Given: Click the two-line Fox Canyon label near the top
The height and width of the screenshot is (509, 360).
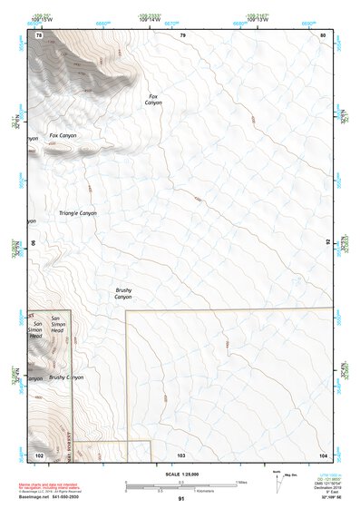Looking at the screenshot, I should click(x=153, y=99).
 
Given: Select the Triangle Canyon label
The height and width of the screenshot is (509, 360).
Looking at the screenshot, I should click(x=77, y=213).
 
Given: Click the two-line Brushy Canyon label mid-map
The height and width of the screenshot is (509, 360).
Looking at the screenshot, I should click(x=123, y=293).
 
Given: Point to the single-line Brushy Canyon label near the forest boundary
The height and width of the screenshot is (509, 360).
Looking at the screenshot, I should click(x=66, y=377).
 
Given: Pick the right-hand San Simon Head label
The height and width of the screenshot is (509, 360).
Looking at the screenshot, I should click(x=57, y=325).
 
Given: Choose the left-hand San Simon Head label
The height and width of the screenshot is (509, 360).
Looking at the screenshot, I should click(x=37, y=330).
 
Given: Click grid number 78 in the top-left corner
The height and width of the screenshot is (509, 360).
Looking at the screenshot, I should click(x=39, y=34).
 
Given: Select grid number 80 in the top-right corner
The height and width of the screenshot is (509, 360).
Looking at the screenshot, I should click(x=324, y=34).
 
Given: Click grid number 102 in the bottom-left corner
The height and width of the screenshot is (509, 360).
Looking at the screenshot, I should click(x=39, y=453).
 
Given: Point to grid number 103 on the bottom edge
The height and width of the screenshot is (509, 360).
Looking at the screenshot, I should click(x=181, y=453).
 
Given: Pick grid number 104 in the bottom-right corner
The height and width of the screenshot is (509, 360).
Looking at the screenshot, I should click(x=323, y=453).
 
